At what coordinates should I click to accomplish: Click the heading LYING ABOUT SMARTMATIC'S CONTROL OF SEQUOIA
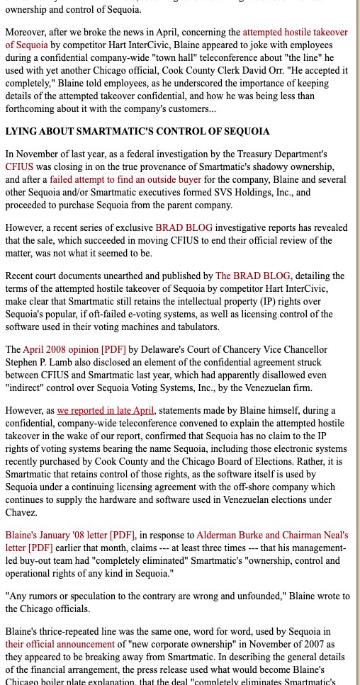pos(137,131)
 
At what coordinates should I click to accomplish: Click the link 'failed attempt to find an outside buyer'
pos(125,179)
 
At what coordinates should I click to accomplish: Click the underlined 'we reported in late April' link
pos(106,410)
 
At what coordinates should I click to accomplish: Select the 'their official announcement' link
pos(60,644)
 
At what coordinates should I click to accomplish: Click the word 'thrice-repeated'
pos(69,631)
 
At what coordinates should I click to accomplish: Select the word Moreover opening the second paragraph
pos(28,33)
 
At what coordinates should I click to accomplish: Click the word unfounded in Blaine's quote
pos(254,596)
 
